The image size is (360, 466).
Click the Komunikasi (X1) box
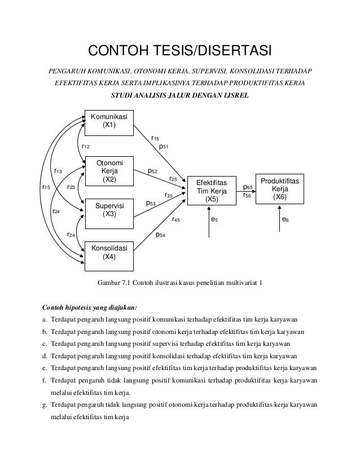(x=109, y=121)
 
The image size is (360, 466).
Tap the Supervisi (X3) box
(x=109, y=210)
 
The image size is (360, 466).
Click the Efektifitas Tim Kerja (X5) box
(x=211, y=191)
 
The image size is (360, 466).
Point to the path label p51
(x=164, y=147)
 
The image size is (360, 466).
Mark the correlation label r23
(x=72, y=187)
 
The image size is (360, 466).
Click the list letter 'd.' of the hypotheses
(x=45, y=356)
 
